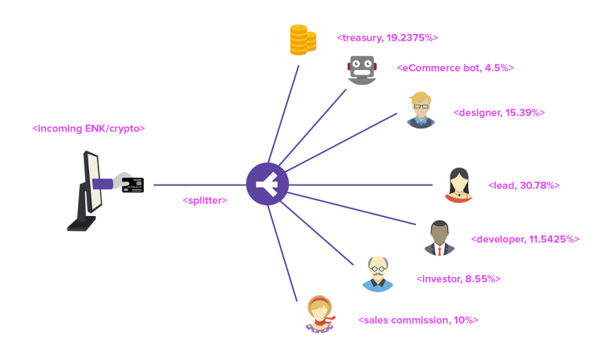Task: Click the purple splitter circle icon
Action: point(268,185)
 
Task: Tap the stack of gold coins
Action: point(302,40)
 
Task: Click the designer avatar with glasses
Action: point(421,110)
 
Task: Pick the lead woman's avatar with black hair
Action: point(459,185)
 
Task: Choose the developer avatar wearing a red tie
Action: point(439,238)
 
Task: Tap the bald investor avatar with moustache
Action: point(377,274)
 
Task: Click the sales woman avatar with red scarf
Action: point(320,314)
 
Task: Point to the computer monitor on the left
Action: point(88,191)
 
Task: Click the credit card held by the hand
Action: point(132,184)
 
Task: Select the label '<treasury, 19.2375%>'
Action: point(387,37)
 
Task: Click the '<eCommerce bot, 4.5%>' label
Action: point(455,68)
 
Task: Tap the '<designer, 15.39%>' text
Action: point(499,112)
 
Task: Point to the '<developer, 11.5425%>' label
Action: point(524,239)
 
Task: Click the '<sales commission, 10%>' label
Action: point(418,319)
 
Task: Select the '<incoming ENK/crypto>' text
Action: point(88,128)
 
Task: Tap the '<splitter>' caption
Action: point(204,200)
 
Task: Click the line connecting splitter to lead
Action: point(361,185)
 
